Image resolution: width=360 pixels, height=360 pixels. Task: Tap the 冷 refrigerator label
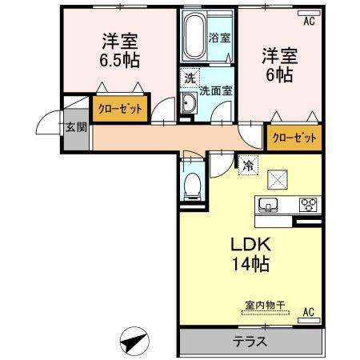point(249,166)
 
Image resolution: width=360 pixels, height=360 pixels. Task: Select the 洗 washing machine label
point(190,79)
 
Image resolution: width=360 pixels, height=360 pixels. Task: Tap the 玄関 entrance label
point(76,128)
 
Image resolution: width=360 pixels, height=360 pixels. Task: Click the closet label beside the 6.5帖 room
point(119,108)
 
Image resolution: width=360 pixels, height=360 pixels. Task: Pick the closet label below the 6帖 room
point(294,138)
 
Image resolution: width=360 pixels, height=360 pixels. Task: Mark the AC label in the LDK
point(307,313)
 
